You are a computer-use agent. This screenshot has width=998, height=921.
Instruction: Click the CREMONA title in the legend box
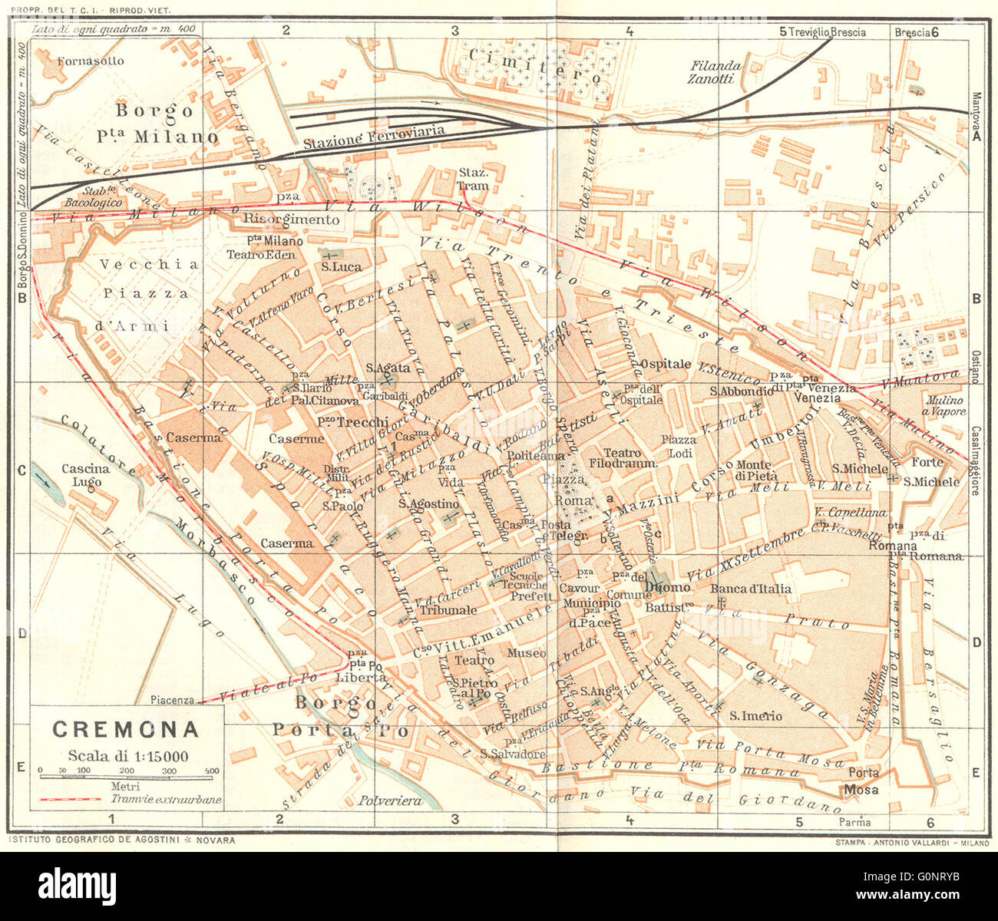click(x=125, y=729)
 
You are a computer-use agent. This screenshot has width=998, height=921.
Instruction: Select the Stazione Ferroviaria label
click(x=373, y=137)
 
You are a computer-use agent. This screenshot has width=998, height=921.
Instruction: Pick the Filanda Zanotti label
click(x=714, y=72)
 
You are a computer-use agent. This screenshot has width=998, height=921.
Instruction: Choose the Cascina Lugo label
click(x=86, y=475)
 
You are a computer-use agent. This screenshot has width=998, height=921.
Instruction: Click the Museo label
click(x=526, y=653)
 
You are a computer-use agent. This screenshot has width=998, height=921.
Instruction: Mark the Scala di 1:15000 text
click(x=127, y=754)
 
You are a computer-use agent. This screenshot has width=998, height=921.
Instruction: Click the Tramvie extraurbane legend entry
click(x=166, y=799)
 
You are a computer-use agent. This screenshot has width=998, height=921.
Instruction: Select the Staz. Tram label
click(x=473, y=179)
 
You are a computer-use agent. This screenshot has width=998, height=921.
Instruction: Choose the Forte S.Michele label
click(x=930, y=472)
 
